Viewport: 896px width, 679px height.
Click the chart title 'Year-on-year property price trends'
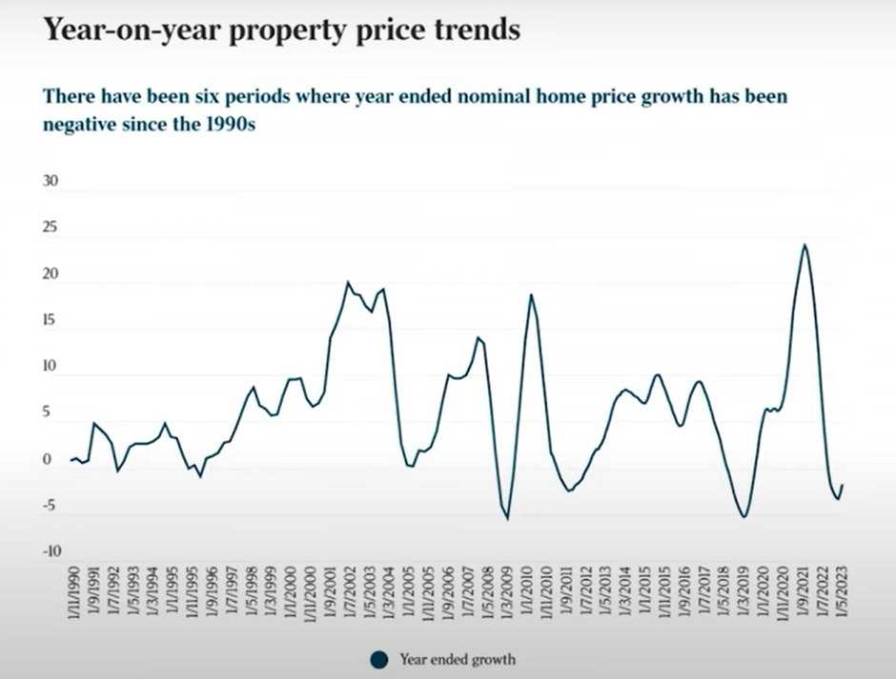click(282, 30)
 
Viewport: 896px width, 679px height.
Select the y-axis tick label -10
click(50, 550)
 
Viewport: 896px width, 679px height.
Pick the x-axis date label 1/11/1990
click(74, 595)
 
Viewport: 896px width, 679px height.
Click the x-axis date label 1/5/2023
click(843, 595)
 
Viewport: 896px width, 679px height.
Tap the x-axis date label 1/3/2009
click(506, 595)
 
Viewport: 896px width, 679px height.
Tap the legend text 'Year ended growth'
click(458, 658)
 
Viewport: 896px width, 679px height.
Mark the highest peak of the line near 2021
click(804, 245)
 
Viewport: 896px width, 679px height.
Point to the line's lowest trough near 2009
click(507, 518)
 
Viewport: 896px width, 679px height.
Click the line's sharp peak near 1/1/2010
click(531, 295)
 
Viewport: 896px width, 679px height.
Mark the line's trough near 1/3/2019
click(743, 516)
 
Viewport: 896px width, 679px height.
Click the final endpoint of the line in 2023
click(843, 485)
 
